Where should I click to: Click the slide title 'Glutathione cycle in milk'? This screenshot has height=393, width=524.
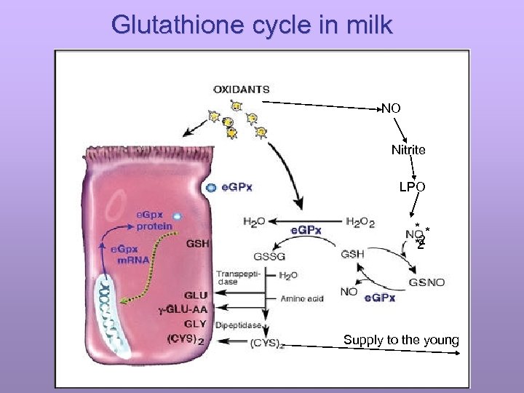(252, 25)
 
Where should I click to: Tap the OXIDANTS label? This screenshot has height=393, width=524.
(241, 90)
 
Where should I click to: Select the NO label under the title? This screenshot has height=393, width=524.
(392, 108)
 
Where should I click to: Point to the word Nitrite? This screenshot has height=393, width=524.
(408, 150)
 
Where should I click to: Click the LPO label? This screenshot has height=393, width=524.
(412, 187)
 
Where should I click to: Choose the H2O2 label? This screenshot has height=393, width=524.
(360, 222)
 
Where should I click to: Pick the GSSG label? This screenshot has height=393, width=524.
(269, 256)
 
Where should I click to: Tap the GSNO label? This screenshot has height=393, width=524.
(427, 282)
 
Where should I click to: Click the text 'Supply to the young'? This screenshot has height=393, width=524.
(401, 340)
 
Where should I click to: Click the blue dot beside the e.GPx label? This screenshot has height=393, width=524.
(211, 187)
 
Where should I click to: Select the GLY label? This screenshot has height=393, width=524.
(196, 324)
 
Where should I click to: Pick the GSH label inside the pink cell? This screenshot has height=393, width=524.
(198, 243)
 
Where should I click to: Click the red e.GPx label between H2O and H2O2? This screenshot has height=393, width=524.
(306, 230)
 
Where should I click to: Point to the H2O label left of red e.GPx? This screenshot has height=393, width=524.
(255, 221)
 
